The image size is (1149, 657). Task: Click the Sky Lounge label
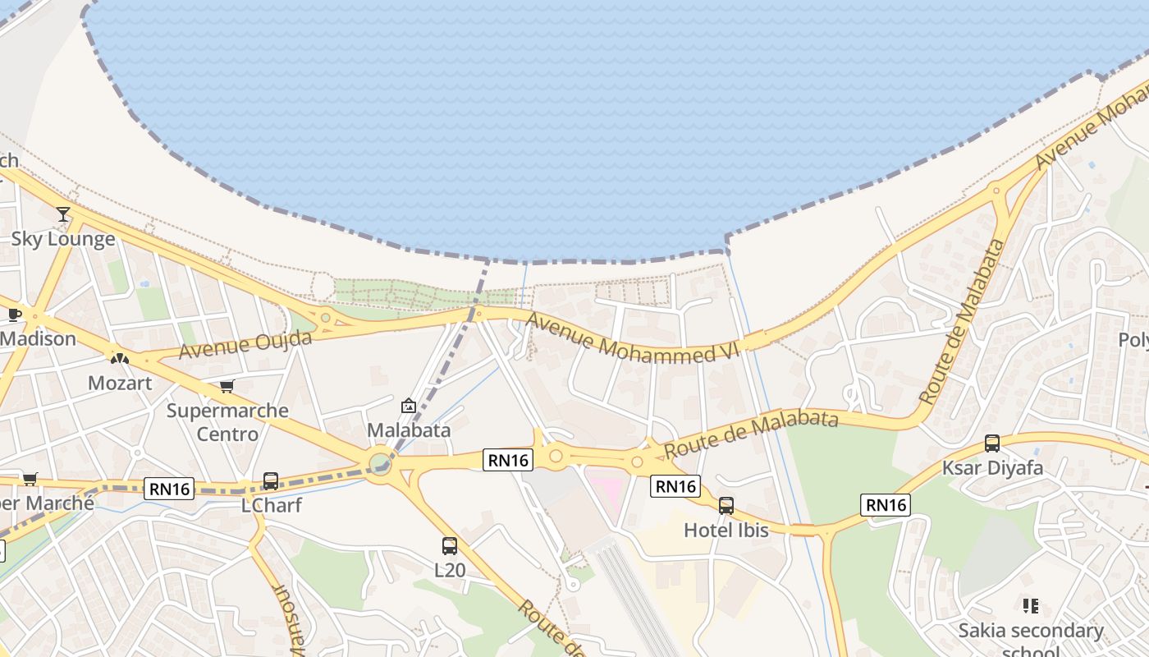pyautogui.click(x=63, y=239)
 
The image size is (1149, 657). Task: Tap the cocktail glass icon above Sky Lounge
pyautogui.click(x=63, y=214)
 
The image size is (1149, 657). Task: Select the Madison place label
pyautogui.click(x=38, y=338)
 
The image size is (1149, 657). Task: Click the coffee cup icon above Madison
pyautogui.click(x=15, y=314)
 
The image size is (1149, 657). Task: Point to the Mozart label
pyautogui.click(x=120, y=383)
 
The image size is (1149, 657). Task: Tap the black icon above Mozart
pyautogui.click(x=120, y=358)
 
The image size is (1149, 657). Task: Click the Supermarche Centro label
pyautogui.click(x=227, y=421)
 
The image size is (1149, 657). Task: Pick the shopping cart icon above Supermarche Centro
pyautogui.click(x=227, y=386)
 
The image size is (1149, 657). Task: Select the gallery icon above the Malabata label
pyautogui.click(x=408, y=406)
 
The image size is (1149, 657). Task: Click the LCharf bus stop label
pyautogui.click(x=271, y=505)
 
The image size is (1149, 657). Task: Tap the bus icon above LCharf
pyautogui.click(x=271, y=481)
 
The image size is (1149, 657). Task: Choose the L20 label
pyautogui.click(x=449, y=568)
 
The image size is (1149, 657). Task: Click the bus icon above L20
pyautogui.click(x=449, y=545)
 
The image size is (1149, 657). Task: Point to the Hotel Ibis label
pyautogui.click(x=726, y=530)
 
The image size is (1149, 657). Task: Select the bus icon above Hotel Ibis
pyautogui.click(x=726, y=506)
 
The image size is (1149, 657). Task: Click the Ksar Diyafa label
pyautogui.click(x=992, y=467)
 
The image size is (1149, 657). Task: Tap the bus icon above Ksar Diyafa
pyautogui.click(x=992, y=443)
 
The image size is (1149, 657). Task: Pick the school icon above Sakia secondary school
pyautogui.click(x=1031, y=606)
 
